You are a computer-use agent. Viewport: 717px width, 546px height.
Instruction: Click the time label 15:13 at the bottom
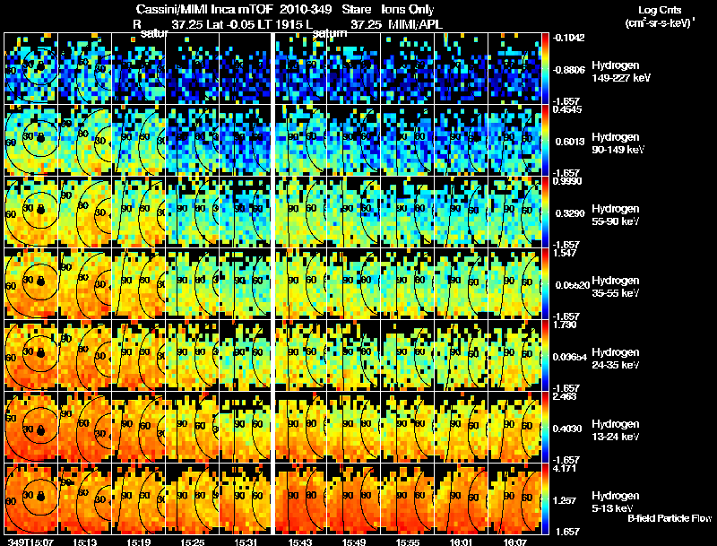point(85,541)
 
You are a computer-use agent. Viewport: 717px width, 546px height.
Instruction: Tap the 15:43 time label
point(300,541)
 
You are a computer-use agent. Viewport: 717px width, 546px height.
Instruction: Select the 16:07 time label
point(515,541)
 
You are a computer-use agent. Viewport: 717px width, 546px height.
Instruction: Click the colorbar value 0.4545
point(566,110)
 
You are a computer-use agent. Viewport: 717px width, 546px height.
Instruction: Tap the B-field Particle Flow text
point(669,518)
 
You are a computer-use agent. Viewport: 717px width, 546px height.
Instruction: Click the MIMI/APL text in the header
point(415,23)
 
